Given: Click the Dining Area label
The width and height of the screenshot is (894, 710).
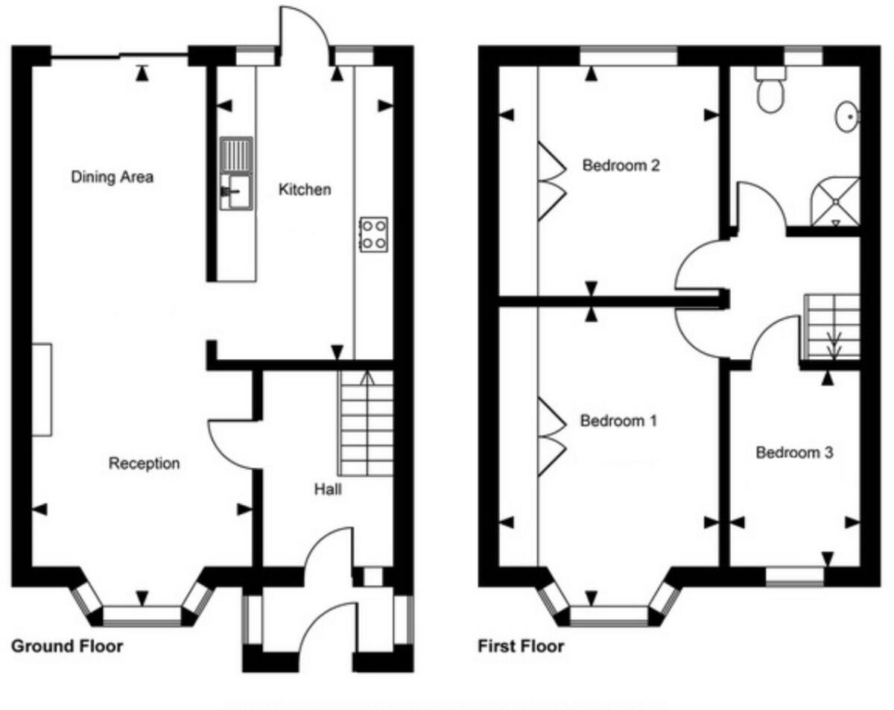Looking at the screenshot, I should [x=112, y=177].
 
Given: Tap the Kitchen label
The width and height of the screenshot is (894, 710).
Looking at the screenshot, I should [x=304, y=190].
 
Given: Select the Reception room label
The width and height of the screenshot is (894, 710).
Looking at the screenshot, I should [x=145, y=463].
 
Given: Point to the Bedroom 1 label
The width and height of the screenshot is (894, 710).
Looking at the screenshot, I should [x=618, y=421].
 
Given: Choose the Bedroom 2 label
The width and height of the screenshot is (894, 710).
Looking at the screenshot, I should [x=621, y=165].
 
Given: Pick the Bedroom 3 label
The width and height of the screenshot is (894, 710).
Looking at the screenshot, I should [x=794, y=452].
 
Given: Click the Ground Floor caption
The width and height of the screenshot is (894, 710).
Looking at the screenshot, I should [x=67, y=646].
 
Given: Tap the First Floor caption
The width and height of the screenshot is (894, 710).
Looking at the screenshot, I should [x=521, y=646].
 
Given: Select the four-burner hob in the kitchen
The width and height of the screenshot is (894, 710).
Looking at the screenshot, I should [x=372, y=234].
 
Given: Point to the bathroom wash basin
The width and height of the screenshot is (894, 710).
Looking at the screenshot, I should [x=846, y=118].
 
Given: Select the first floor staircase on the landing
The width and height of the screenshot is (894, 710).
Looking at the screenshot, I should [x=831, y=326].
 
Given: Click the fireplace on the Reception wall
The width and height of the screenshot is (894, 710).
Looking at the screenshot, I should [x=42, y=389].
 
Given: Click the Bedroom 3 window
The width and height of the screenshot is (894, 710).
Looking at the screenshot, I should [x=796, y=576].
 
